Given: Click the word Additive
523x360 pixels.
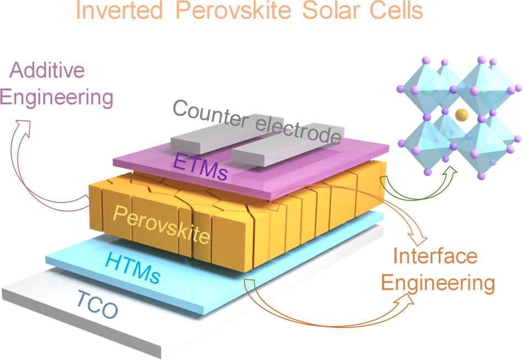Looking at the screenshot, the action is tap(49, 71).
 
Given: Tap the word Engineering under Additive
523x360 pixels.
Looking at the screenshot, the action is tap(56, 98).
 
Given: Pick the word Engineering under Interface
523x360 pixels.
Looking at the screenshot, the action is tap(438, 283).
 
